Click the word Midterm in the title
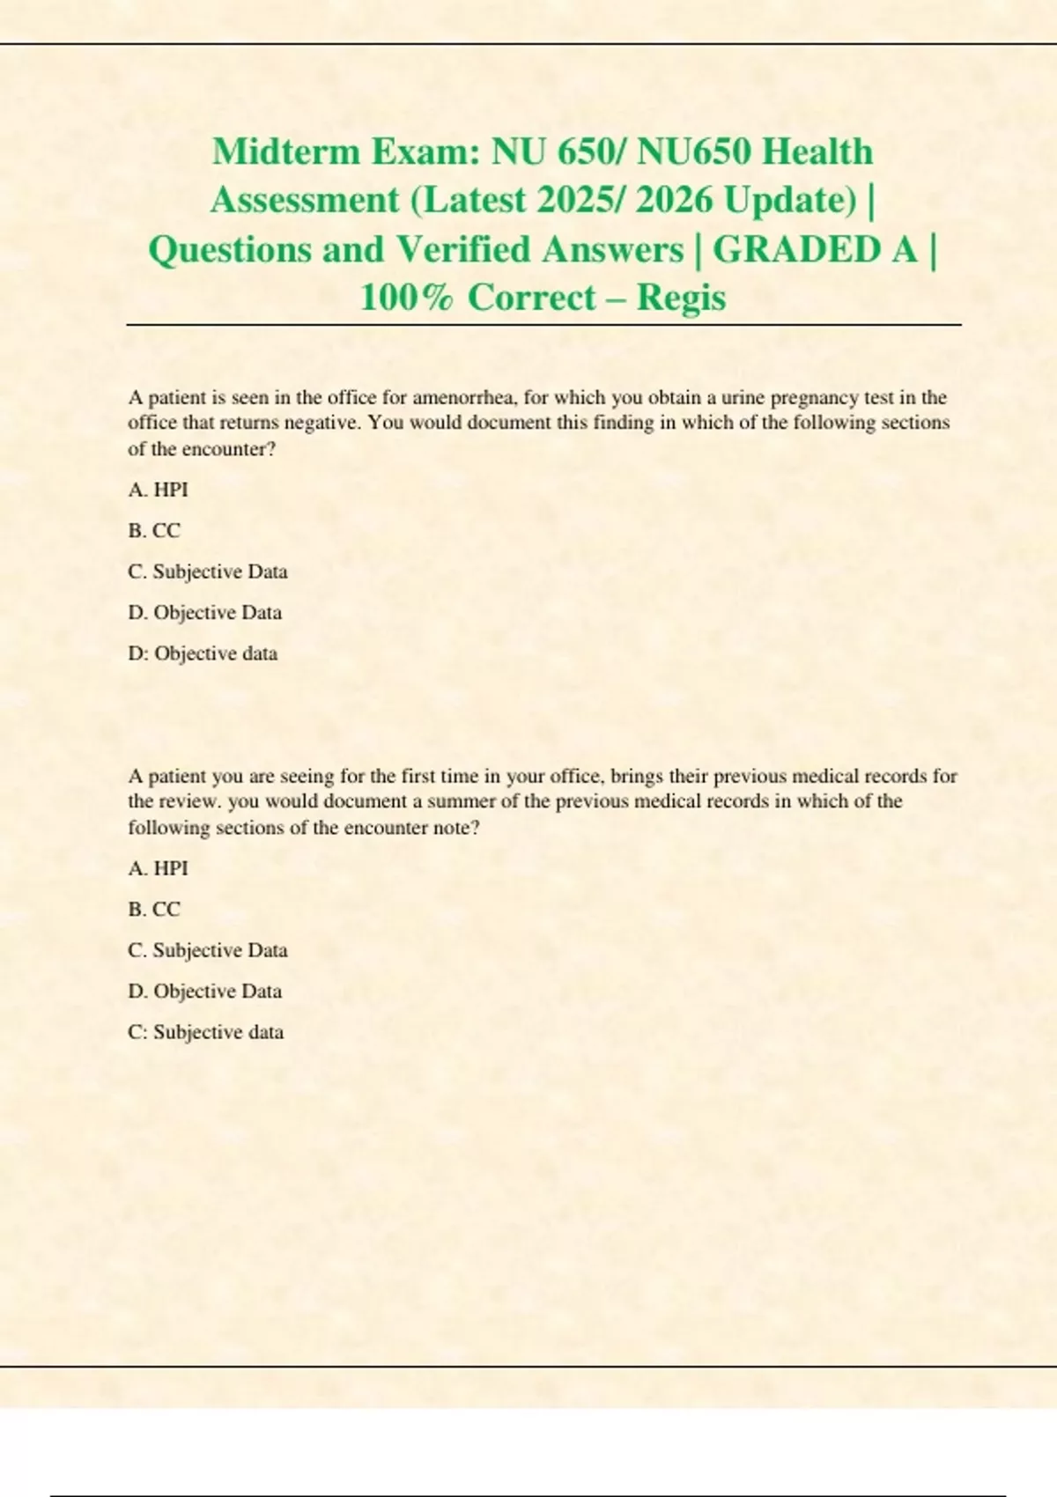(x=286, y=151)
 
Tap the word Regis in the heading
(x=681, y=298)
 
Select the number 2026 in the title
(x=674, y=200)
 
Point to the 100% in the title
(x=406, y=298)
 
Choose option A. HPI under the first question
(x=158, y=490)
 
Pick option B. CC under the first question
(x=154, y=531)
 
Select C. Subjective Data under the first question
(x=208, y=572)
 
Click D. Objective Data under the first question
(x=205, y=613)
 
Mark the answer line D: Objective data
(x=203, y=653)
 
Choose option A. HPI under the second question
(x=158, y=868)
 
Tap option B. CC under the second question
(x=154, y=910)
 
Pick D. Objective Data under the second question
(x=205, y=992)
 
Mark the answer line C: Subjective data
(x=206, y=1032)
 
